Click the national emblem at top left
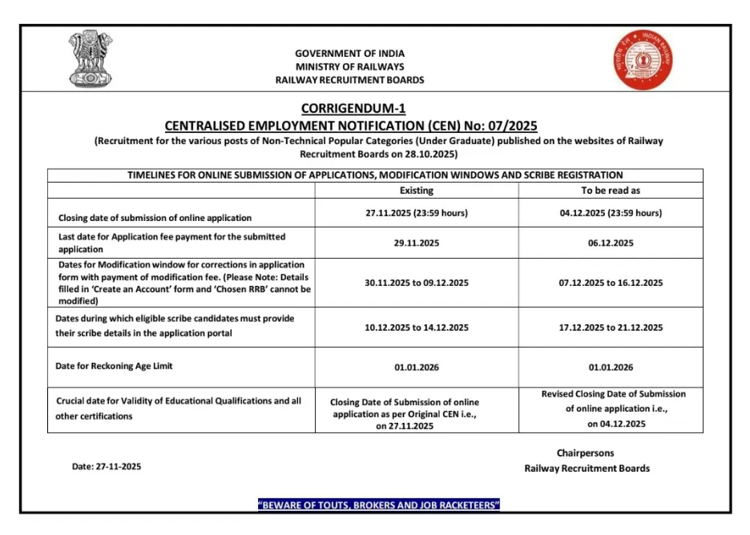(x=91, y=60)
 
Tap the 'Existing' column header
(x=416, y=191)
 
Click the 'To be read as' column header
(x=611, y=191)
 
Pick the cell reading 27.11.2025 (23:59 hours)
(x=417, y=213)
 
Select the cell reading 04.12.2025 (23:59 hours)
(x=611, y=213)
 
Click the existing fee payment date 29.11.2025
(x=417, y=243)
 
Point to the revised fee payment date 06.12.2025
(x=611, y=243)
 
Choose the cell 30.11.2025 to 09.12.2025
(x=417, y=283)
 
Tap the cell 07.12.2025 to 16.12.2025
(x=611, y=283)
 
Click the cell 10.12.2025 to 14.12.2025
(x=417, y=328)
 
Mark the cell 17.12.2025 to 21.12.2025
(x=611, y=328)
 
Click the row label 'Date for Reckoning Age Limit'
(x=114, y=366)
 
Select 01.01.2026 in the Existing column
(x=417, y=368)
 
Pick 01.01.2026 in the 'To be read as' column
(x=611, y=368)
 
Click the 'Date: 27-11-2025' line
(x=107, y=467)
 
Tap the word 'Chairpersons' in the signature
(x=587, y=453)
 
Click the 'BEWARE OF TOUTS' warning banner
(x=379, y=505)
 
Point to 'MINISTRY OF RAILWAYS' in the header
(x=349, y=66)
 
